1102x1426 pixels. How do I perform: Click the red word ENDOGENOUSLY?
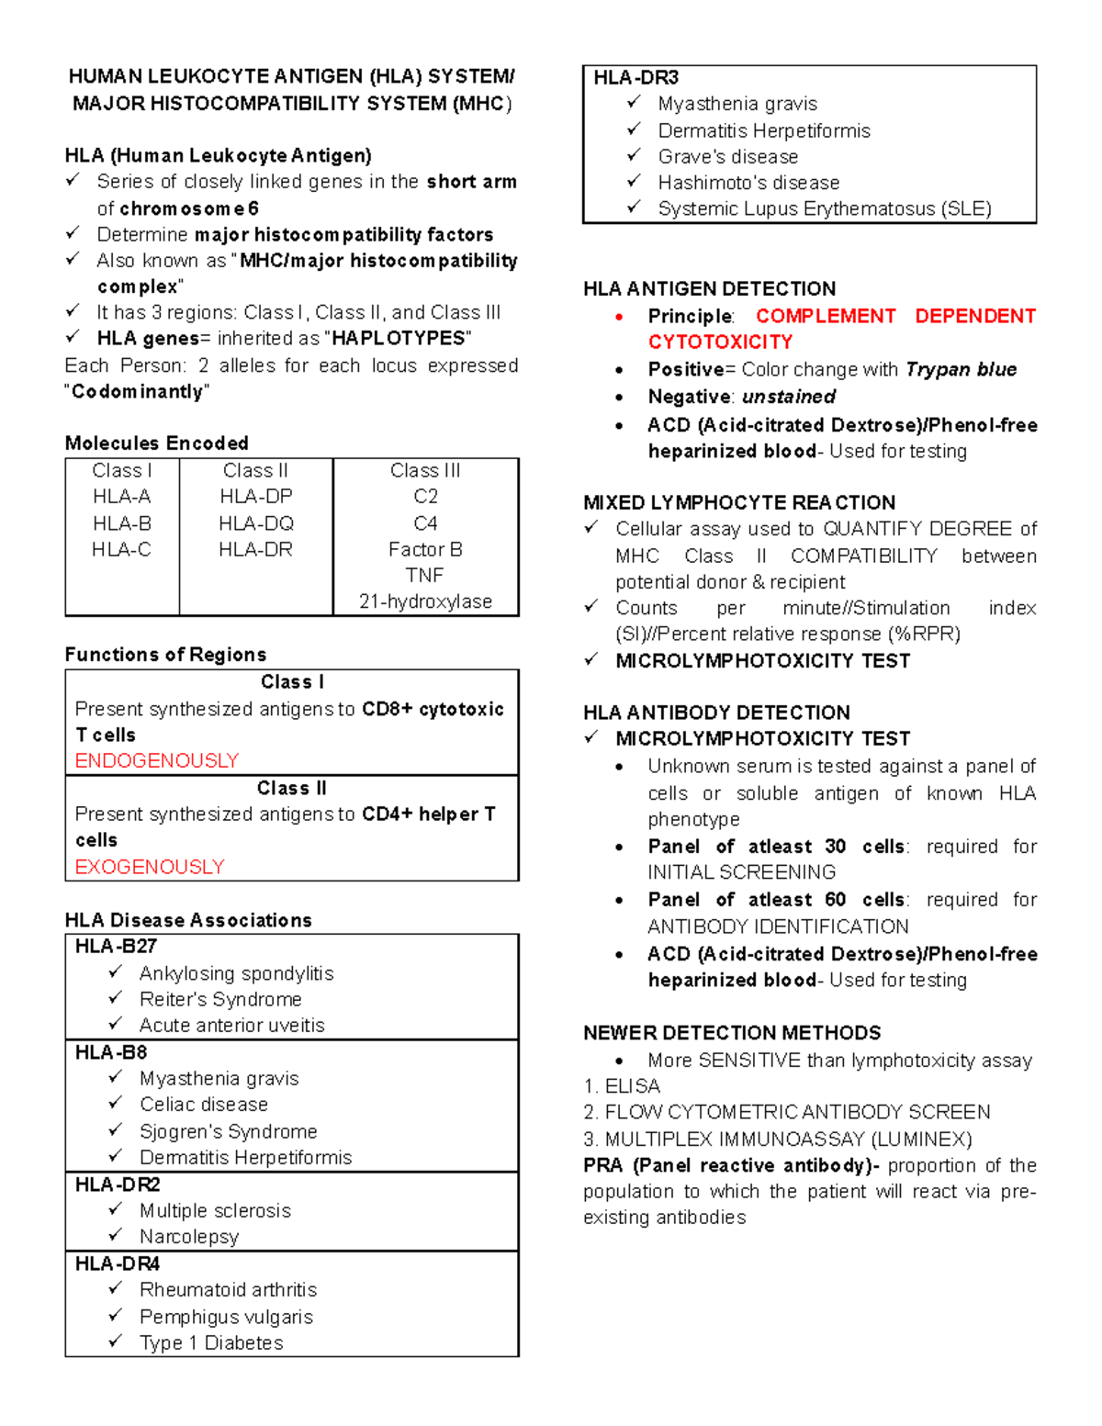[156, 761]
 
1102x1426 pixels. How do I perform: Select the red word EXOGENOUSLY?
[149, 867]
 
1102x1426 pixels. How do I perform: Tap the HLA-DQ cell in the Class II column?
[255, 523]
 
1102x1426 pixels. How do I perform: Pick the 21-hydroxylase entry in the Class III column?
[425, 601]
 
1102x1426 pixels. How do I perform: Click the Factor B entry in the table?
[425, 549]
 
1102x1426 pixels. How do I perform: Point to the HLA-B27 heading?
[116, 947]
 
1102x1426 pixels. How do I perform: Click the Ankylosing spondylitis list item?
[236, 973]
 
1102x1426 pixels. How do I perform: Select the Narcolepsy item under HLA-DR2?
[188, 1237]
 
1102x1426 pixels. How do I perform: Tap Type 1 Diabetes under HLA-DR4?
[210, 1342]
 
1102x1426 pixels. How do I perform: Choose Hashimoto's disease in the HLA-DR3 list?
[748, 183]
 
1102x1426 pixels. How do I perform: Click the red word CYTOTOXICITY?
[720, 342]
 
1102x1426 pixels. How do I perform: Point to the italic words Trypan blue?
[961, 369]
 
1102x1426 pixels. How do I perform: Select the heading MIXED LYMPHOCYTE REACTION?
[738, 503]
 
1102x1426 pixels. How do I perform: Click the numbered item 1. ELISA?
[622, 1086]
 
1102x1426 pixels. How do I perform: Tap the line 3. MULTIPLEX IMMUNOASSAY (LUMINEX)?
[777, 1140]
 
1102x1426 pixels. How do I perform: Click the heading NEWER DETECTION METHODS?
[731, 1033]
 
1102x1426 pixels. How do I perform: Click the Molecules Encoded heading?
[156, 444]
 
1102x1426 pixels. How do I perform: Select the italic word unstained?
[788, 397]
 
